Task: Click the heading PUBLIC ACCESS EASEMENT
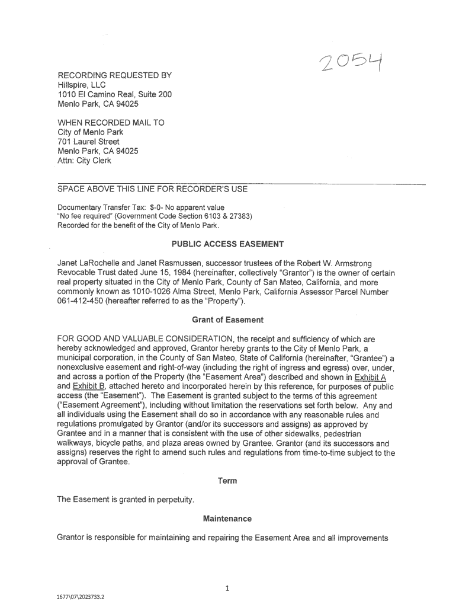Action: tap(228, 244)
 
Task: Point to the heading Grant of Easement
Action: tap(228, 320)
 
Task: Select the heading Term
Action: tap(227, 481)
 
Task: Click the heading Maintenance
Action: tap(227, 519)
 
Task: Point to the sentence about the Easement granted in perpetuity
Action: tap(126, 500)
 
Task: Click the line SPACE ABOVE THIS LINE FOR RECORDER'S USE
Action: tap(152, 189)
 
